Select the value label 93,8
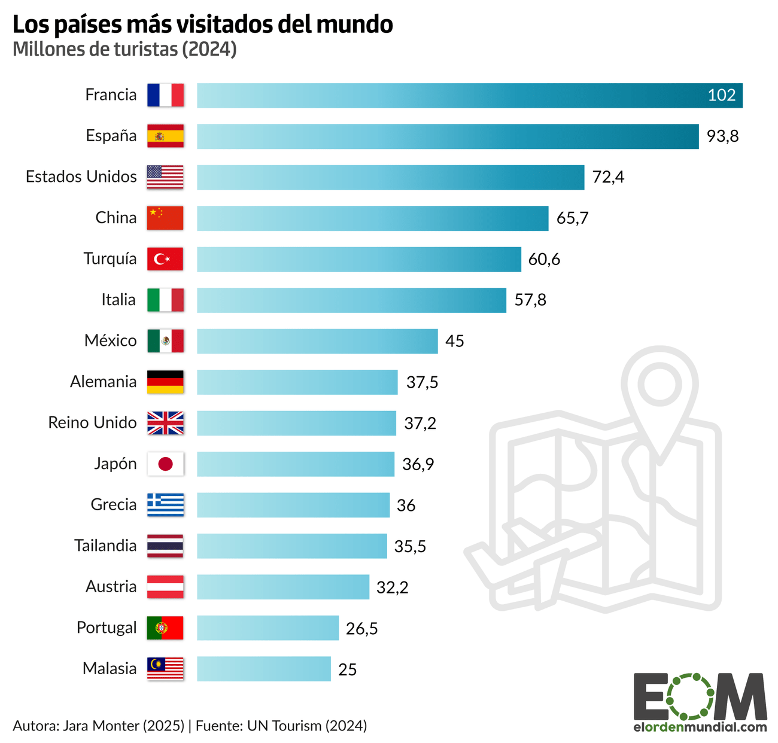(x=722, y=136)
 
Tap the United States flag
(x=165, y=177)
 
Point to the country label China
(x=116, y=218)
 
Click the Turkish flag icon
(x=165, y=259)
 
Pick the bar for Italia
(x=351, y=300)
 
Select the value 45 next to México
(x=455, y=341)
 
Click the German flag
(x=165, y=382)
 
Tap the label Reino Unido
(x=93, y=423)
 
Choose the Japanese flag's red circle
(x=165, y=464)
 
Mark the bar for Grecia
(x=293, y=505)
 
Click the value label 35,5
(x=410, y=546)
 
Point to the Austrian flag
(x=165, y=587)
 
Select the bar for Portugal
(x=268, y=628)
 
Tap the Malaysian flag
(x=165, y=669)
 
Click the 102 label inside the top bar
(x=721, y=96)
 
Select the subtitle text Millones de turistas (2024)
(x=124, y=49)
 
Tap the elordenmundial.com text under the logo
(x=700, y=727)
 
